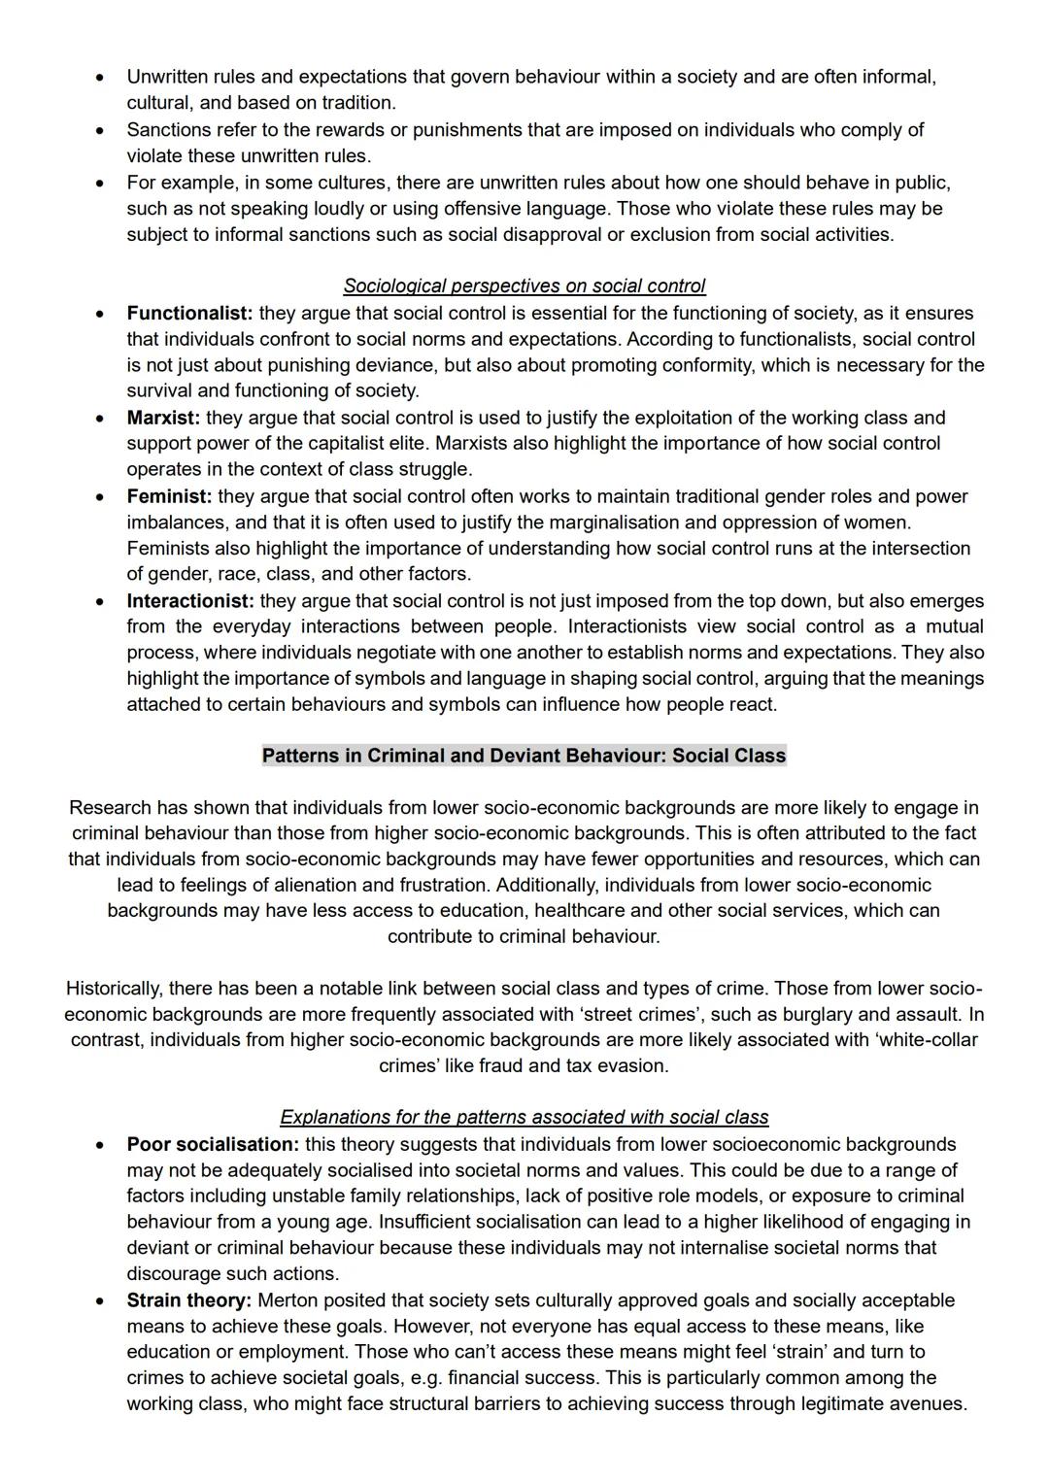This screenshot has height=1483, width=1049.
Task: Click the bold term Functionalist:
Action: click(189, 314)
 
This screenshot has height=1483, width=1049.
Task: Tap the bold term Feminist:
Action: click(169, 496)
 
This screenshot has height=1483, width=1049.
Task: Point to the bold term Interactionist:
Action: click(190, 601)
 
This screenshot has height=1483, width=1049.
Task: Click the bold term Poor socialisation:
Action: click(213, 1144)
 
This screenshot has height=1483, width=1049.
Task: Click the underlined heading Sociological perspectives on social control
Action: click(524, 286)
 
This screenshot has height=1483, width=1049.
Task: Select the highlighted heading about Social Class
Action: click(524, 756)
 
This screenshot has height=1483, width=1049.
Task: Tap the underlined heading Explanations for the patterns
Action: click(524, 1118)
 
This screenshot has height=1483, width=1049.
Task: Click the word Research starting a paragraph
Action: click(110, 808)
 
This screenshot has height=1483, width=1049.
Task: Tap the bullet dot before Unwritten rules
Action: click(99, 77)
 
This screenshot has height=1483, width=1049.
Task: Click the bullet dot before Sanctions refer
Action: click(99, 130)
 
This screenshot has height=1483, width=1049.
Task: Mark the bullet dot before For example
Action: click(99, 183)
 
